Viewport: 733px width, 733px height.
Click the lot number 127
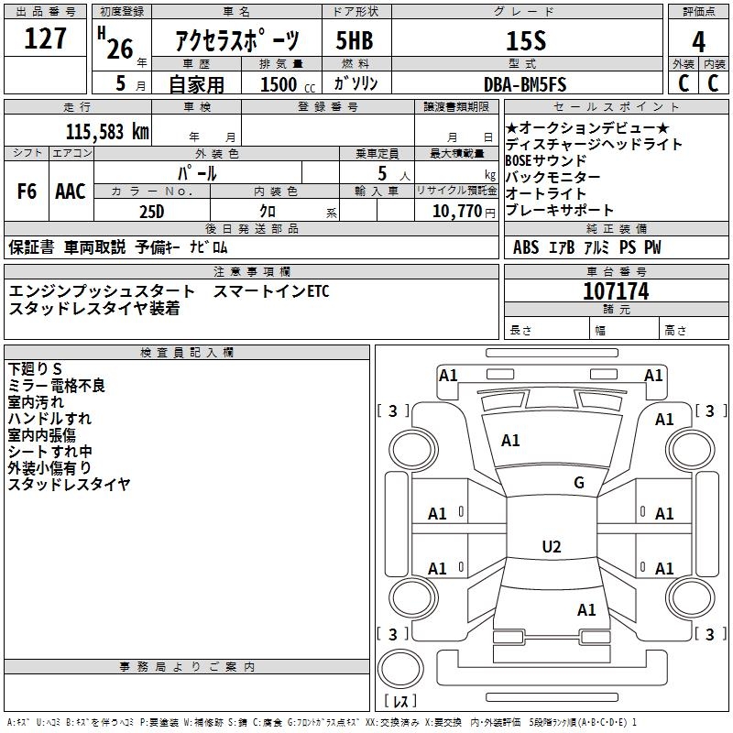coord(45,38)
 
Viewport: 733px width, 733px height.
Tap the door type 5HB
coord(355,40)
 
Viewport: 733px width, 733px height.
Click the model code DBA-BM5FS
coord(525,85)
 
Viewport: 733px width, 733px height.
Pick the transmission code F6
coord(27,191)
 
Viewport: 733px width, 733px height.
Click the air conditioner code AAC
coord(71,191)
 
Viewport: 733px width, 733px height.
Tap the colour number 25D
coord(151,212)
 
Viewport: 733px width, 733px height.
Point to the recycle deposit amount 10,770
coord(455,212)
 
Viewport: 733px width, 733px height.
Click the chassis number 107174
coord(616,291)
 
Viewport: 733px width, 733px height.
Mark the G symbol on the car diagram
coord(579,483)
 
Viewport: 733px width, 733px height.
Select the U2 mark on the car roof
coord(551,547)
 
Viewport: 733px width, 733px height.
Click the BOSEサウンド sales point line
coord(546,160)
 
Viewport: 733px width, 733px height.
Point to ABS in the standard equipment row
coord(526,247)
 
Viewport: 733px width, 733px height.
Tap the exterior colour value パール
coord(197,172)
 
